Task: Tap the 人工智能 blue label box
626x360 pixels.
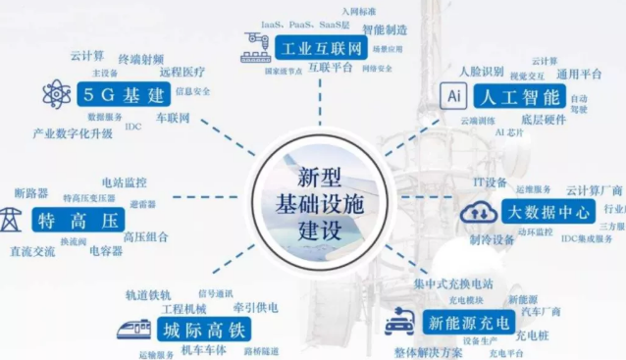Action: click(x=515, y=96)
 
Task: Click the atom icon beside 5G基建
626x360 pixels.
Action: click(x=57, y=94)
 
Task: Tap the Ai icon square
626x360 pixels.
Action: click(x=454, y=96)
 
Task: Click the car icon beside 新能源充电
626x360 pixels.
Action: click(x=399, y=322)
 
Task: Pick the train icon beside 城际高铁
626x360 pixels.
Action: click(x=139, y=328)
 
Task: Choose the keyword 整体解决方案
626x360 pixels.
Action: click(x=428, y=352)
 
